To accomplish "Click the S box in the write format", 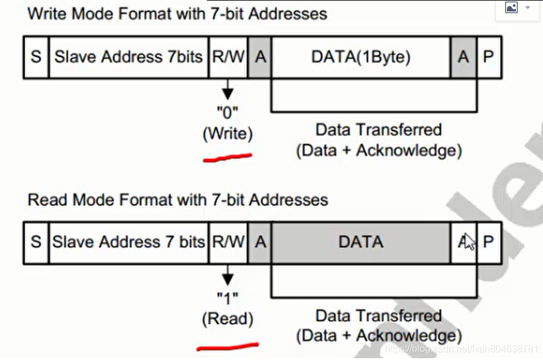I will click(x=36, y=57).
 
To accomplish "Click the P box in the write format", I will click(x=488, y=57).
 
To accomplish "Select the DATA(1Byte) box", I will click(x=361, y=57).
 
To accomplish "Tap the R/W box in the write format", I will click(x=229, y=57).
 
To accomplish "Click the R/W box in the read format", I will click(x=229, y=242).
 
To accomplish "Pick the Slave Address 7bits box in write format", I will click(x=129, y=57).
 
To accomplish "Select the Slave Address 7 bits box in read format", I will click(x=129, y=242).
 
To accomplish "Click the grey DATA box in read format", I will click(x=361, y=242).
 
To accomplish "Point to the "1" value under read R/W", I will click(x=227, y=297).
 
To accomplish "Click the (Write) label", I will click(x=227, y=134).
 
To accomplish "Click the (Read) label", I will click(x=227, y=319).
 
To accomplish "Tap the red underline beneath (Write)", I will click(x=227, y=158).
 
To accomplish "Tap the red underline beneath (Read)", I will click(x=227, y=346).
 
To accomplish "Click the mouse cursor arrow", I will click(x=469, y=241).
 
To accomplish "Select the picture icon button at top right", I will click(x=512, y=8).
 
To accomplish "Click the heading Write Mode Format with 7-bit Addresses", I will click(x=177, y=14).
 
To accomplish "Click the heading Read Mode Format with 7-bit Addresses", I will click(x=177, y=200).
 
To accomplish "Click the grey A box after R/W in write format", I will click(x=260, y=57).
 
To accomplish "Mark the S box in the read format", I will click(x=36, y=242).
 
